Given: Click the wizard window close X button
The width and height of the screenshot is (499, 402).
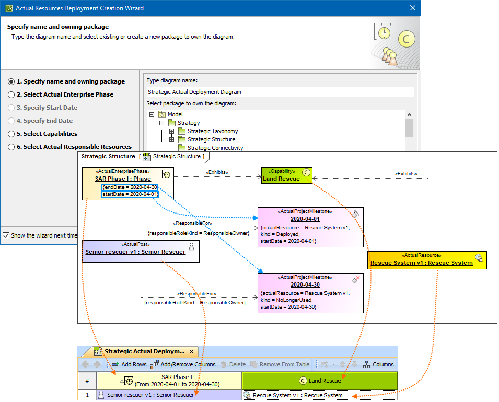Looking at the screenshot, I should (413, 8).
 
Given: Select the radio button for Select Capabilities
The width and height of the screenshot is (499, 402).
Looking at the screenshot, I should (11, 134).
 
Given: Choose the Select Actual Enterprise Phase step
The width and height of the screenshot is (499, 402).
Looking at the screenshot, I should (11, 94).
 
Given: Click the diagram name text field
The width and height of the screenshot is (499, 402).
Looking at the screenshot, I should (280, 92).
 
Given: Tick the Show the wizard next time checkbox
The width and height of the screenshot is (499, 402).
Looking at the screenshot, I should (6, 235).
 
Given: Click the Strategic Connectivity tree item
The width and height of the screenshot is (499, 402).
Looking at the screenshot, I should (215, 148).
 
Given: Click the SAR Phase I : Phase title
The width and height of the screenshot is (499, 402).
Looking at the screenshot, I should (123, 179).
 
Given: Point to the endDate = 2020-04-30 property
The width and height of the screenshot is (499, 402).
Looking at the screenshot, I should (130, 187).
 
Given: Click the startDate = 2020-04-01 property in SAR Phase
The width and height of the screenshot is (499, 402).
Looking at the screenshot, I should (130, 194).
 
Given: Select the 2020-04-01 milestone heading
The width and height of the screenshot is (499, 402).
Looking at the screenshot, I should (305, 219).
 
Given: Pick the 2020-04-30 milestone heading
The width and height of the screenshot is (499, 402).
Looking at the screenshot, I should (305, 285).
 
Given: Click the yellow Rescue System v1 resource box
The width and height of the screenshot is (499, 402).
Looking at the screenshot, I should (426, 260).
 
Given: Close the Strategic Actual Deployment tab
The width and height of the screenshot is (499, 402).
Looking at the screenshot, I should (191, 352).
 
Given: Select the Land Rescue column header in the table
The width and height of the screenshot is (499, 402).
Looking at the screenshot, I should (319, 381).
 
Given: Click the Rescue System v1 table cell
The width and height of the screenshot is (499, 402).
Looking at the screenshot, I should (297, 395).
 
